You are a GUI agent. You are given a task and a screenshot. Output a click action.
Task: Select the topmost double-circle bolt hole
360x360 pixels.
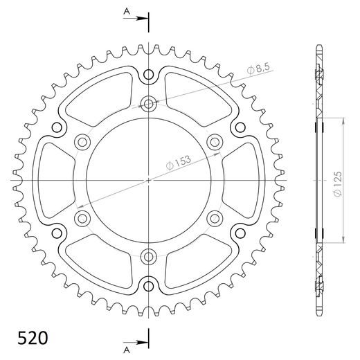tap(149, 104)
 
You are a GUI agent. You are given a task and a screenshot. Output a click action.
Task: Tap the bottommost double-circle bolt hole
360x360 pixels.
tap(149, 257)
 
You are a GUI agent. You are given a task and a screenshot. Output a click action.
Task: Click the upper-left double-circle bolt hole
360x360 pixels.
tap(83, 142)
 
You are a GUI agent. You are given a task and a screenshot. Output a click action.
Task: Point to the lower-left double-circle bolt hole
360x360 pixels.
tap(83, 219)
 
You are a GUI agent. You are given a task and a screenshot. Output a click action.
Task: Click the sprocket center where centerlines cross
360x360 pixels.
tap(149, 180)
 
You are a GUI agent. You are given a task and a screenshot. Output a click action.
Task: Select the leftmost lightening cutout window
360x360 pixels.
tap(50, 180)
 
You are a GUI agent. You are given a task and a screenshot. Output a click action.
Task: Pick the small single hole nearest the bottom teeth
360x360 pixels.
tap(149, 285)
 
